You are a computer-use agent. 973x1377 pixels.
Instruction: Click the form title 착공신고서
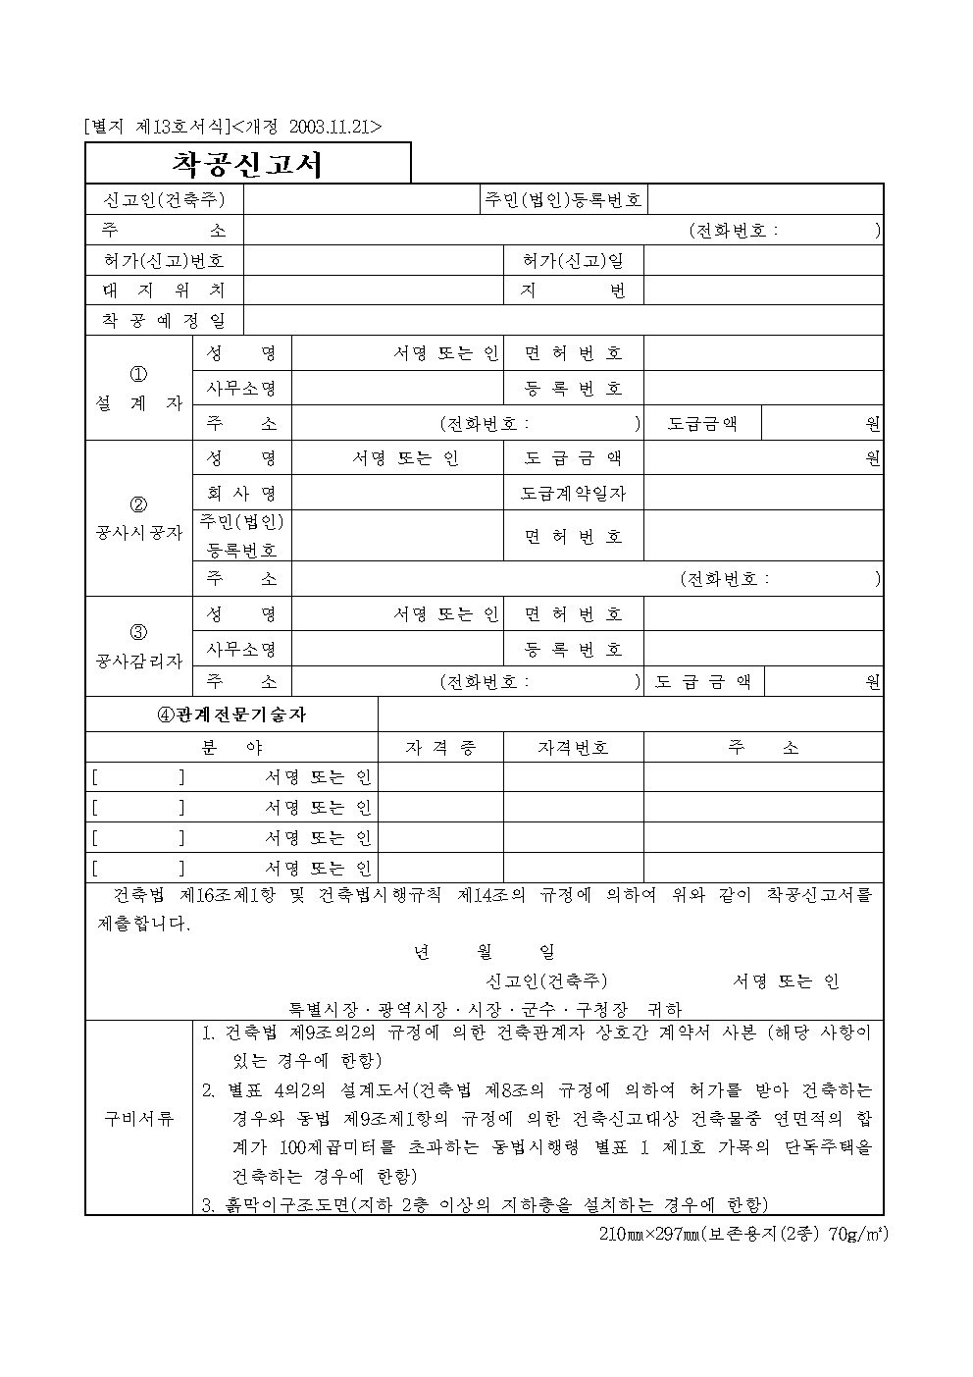(247, 164)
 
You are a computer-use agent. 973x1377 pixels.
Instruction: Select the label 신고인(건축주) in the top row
(164, 200)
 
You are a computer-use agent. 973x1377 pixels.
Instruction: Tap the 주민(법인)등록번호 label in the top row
(563, 200)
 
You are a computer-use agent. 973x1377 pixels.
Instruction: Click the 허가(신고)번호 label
(164, 260)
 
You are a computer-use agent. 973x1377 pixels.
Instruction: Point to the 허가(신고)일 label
(573, 260)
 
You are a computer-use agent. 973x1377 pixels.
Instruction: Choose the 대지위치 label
(164, 291)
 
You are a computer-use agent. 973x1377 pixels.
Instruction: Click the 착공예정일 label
(164, 321)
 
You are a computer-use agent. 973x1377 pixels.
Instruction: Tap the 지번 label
(573, 291)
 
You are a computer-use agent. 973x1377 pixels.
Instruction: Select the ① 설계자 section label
(138, 390)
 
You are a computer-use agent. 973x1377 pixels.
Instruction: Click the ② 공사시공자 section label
(138, 520)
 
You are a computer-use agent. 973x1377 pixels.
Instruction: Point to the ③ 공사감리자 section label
(138, 647)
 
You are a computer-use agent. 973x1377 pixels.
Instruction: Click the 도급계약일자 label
(573, 493)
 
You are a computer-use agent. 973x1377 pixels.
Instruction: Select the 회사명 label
(241, 493)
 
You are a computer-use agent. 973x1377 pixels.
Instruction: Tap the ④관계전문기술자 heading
(231, 715)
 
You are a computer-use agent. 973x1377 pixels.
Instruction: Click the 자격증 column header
(440, 748)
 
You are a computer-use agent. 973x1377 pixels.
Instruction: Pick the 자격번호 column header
(573, 748)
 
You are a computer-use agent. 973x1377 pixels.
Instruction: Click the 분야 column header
(231, 748)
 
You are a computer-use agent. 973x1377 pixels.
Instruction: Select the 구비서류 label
(138, 1118)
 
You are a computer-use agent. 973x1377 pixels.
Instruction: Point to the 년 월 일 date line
(484, 952)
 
